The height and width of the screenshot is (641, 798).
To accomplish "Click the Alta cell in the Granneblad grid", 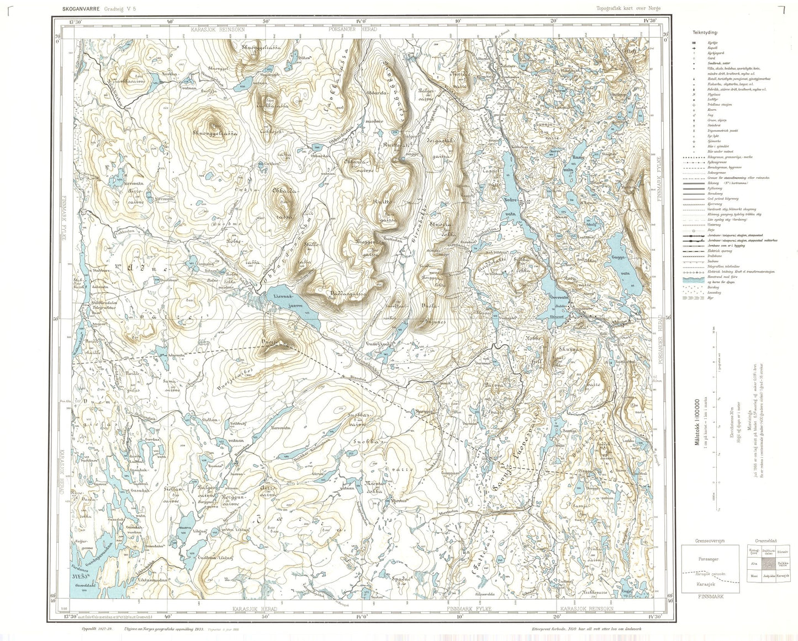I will [x=753, y=564].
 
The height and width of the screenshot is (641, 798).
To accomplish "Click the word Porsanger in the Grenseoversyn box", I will [x=702, y=558].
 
